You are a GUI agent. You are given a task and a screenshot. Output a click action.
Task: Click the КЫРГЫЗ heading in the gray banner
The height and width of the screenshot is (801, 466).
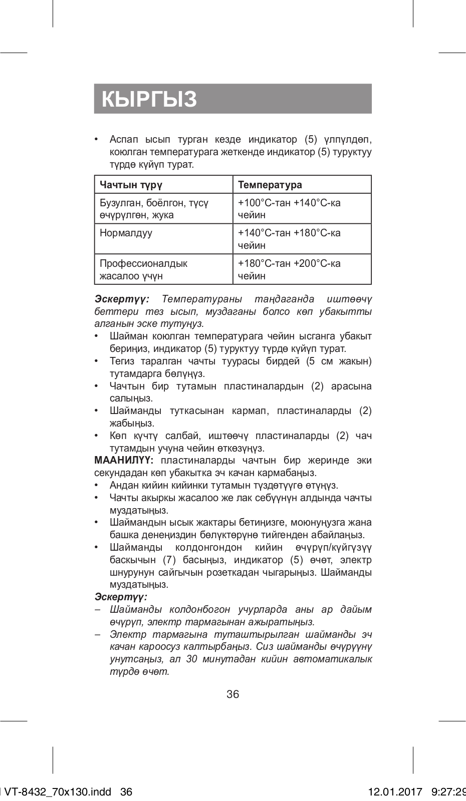click(x=149, y=99)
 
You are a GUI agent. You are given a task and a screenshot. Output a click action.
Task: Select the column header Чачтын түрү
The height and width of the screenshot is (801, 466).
click(x=131, y=185)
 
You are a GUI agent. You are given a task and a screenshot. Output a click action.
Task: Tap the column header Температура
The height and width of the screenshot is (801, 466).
click(x=270, y=185)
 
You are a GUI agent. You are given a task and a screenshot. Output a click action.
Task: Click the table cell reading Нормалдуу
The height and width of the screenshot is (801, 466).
click(x=126, y=233)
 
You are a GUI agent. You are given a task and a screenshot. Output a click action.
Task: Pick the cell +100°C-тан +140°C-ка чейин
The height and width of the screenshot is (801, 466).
click(x=289, y=209)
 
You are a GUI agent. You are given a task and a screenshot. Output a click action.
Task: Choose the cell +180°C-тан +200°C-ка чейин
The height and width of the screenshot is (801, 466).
click(x=289, y=269)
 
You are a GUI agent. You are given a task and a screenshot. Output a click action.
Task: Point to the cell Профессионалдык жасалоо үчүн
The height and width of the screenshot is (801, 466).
click(x=143, y=269)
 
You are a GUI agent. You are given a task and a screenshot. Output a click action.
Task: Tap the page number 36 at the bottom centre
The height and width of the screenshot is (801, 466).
click(x=233, y=694)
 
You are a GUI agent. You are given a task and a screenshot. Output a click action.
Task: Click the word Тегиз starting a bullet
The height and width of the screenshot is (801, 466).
click(x=122, y=361)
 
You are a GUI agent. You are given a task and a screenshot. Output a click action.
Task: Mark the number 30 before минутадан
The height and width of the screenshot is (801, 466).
click(x=191, y=659)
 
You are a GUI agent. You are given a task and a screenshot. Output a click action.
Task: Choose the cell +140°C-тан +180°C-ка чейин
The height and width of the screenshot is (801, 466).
click(x=289, y=239)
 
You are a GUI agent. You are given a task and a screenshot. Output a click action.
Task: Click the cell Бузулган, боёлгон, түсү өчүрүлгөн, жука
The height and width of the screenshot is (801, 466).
click(x=154, y=209)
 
